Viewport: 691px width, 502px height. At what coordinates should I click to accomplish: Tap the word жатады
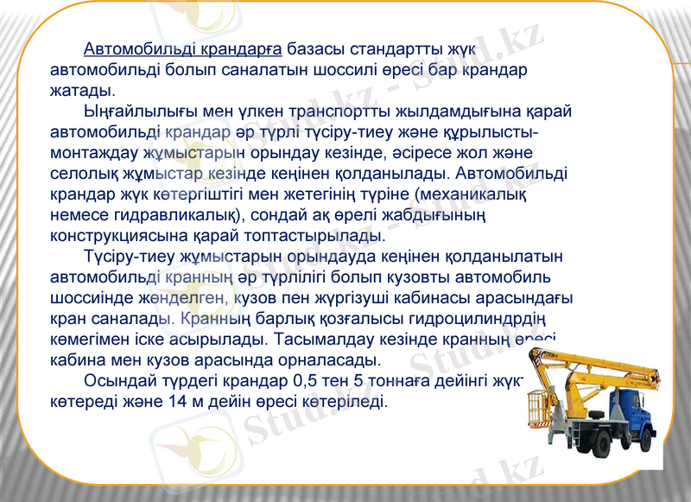(x=82, y=90)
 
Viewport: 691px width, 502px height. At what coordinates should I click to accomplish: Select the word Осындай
(x=117, y=382)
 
